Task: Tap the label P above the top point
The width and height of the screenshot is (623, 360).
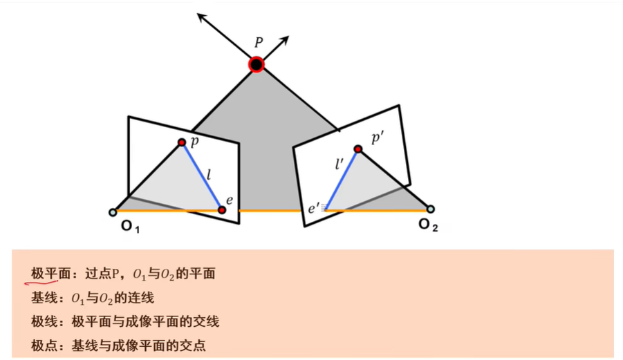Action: click(x=259, y=43)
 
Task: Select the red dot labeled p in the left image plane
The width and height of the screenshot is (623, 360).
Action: click(x=182, y=142)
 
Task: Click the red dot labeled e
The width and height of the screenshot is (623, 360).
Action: click(x=221, y=209)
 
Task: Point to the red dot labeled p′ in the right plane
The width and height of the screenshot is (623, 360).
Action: click(x=357, y=149)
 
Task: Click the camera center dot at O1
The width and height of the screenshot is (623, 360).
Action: click(x=113, y=212)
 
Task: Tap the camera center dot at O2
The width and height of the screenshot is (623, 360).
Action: click(x=431, y=209)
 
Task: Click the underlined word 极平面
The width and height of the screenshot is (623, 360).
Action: click(x=46, y=274)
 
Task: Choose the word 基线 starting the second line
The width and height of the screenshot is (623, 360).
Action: click(x=41, y=298)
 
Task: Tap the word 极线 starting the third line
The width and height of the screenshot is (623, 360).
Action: click(x=41, y=321)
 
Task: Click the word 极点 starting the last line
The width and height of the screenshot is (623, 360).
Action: click(x=41, y=345)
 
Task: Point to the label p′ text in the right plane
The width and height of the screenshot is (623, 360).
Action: click(x=378, y=138)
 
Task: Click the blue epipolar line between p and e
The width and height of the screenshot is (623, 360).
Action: click(x=201, y=176)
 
